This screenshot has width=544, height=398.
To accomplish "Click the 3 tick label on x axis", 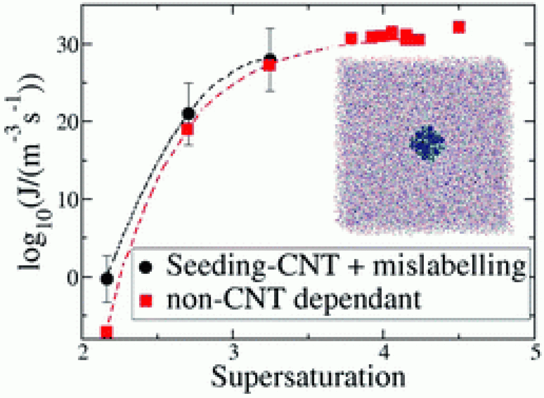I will click(232, 351).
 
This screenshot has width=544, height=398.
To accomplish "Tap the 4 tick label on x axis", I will click(383, 351).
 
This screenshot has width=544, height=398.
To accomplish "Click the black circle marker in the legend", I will click(147, 266).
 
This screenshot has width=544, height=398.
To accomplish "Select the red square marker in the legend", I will click(147, 301).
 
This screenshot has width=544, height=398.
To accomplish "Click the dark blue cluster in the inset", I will click(427, 143).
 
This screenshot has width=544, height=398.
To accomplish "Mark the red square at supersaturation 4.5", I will click(458, 27).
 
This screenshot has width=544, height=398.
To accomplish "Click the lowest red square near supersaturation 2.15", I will click(107, 332).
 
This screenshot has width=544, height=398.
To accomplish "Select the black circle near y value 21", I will click(188, 114).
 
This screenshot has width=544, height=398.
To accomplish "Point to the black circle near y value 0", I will click(107, 278).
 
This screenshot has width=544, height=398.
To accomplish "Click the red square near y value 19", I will click(187, 129).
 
